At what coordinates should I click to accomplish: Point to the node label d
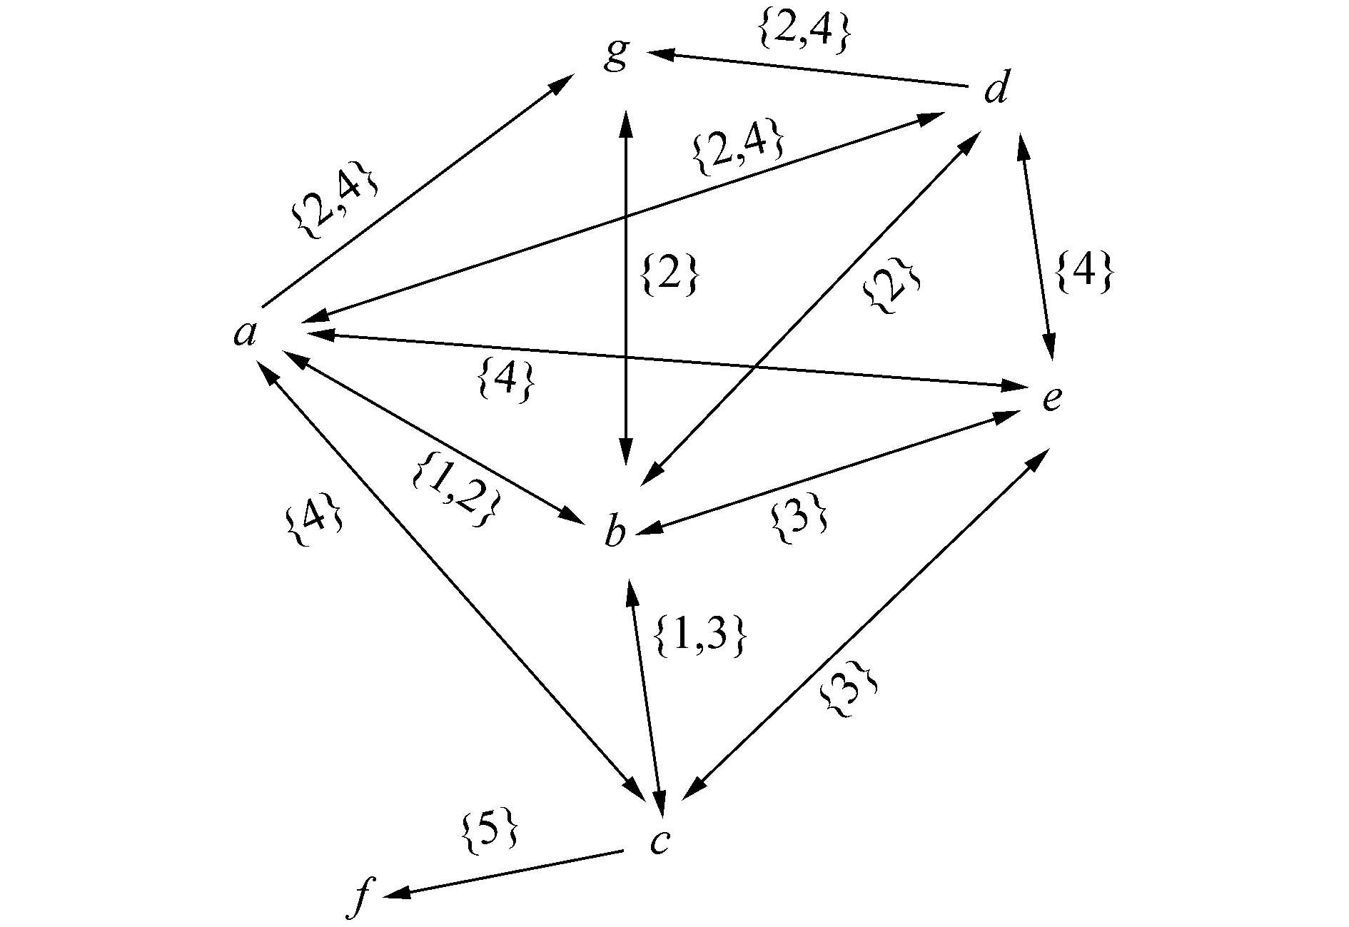(x=997, y=91)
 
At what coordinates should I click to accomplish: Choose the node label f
(x=361, y=896)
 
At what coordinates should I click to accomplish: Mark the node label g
(x=615, y=54)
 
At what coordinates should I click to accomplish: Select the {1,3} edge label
(x=700, y=636)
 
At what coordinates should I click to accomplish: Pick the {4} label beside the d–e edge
(x=1083, y=271)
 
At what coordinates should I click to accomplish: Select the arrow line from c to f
(x=507, y=872)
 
